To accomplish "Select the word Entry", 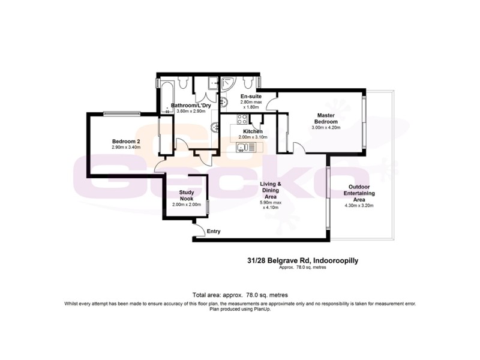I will (x=214, y=231).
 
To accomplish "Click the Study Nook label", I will (x=185, y=196).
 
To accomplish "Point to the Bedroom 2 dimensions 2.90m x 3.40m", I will (x=125, y=147).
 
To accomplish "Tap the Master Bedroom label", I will (x=326, y=119).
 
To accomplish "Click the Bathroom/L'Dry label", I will (x=188, y=106).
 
